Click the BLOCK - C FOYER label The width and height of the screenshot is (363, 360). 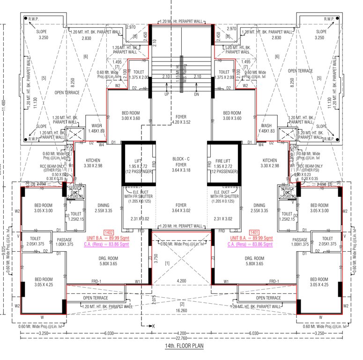(181, 162)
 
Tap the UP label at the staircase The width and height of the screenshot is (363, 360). (166, 94)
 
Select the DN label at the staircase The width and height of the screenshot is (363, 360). (197, 94)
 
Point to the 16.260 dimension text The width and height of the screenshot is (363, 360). (181, 310)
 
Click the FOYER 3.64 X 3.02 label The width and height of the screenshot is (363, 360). (181, 208)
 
